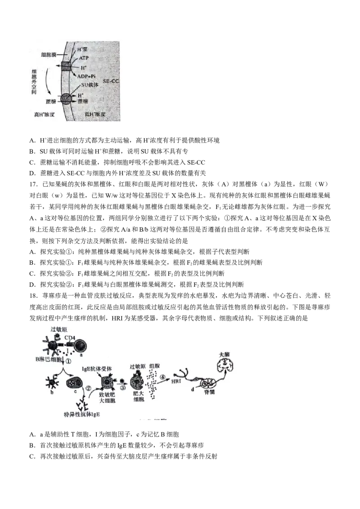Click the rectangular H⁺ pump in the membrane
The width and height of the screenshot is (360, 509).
pyautogui.click(x=67, y=66)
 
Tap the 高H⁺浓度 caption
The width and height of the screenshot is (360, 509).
pyautogui.click(x=45, y=115)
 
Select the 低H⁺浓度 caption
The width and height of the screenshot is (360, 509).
pyautogui.click(x=95, y=115)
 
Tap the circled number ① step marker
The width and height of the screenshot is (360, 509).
pyautogui.click(x=69, y=360)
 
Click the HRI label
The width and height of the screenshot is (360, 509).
pyautogui.click(x=177, y=381)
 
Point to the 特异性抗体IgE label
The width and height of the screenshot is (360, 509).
pyautogui.click(x=81, y=414)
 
